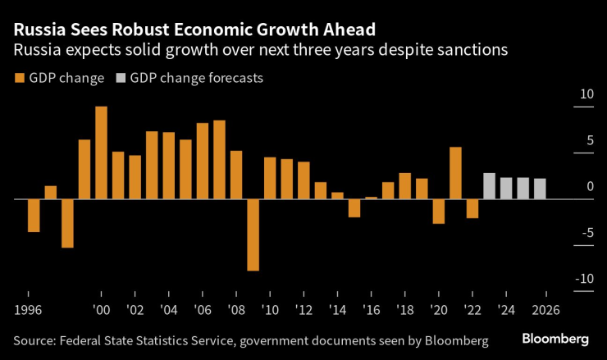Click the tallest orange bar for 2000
[102, 153]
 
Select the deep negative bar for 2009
[253, 235]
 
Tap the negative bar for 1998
[67, 223]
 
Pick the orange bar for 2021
[456, 173]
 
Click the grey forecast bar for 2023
[490, 186]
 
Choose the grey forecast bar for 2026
[540, 189]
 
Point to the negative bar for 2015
[354, 208]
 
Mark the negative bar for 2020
[439, 211]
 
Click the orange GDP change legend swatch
[20, 79]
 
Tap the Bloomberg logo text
[555, 339]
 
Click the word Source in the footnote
[34, 339]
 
